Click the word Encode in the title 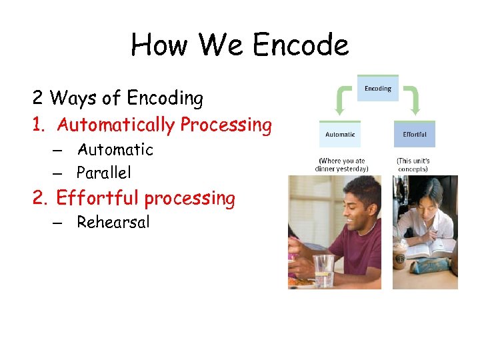301,45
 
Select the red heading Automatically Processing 164,125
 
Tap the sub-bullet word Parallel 103,173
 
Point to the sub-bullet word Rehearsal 113,222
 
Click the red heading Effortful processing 145,198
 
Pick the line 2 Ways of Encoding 118,98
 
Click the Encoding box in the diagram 377,89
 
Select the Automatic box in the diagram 340,134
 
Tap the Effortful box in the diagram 414,134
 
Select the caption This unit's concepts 413,165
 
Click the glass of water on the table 323,270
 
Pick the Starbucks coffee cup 400,253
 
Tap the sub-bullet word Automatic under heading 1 115,149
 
